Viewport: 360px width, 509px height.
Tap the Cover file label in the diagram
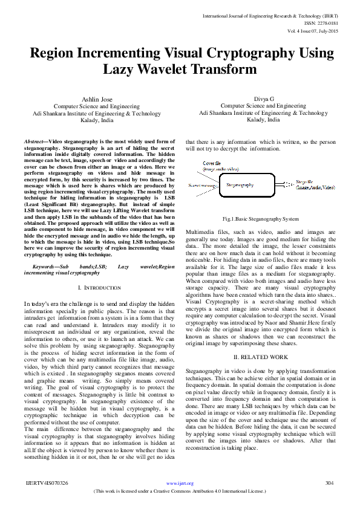point(212,163)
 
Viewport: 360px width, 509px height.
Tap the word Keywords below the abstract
point(50,266)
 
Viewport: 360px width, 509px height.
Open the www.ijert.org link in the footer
point(180,483)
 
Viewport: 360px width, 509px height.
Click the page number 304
point(329,483)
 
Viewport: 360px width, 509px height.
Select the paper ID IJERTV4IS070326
point(47,483)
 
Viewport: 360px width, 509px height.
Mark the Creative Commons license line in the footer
point(180,491)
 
